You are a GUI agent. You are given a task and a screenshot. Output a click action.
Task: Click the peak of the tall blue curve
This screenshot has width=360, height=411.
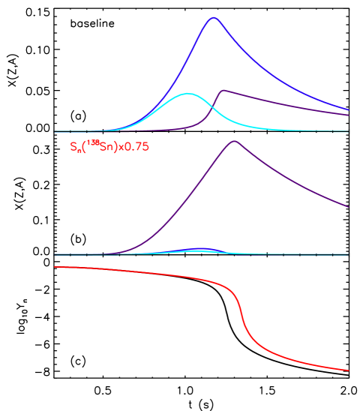click(x=214, y=17)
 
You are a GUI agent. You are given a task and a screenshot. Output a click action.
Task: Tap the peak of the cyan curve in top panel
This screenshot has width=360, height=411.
click(x=187, y=94)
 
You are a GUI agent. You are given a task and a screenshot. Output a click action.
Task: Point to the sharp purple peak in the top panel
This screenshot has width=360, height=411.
click(x=223, y=91)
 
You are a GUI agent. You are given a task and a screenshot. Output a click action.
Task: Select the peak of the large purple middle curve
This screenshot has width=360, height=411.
click(x=235, y=141)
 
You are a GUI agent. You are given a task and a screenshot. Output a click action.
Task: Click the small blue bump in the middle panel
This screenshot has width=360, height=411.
click(x=199, y=248)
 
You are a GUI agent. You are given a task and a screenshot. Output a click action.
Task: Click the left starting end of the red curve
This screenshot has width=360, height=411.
click(x=55, y=267)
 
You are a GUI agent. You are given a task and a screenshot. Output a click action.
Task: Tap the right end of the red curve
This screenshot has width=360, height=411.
click(x=349, y=370)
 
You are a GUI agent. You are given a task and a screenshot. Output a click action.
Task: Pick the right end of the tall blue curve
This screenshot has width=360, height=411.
click(x=349, y=109)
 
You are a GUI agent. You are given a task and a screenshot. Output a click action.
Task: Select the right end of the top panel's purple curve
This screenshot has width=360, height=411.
click(x=349, y=115)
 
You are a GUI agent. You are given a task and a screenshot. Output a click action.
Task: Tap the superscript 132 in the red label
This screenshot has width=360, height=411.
click(x=93, y=143)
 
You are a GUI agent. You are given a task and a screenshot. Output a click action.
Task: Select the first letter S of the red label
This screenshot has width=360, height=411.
click(x=73, y=147)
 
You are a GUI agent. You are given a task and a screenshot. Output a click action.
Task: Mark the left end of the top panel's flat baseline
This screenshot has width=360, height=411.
click(x=55, y=132)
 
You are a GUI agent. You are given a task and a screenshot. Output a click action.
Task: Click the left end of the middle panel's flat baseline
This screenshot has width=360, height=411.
click(x=55, y=254)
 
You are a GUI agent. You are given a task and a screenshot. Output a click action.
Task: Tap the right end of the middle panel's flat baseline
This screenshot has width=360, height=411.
click(x=349, y=254)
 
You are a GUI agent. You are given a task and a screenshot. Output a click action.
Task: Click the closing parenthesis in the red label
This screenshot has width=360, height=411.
click(x=116, y=147)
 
